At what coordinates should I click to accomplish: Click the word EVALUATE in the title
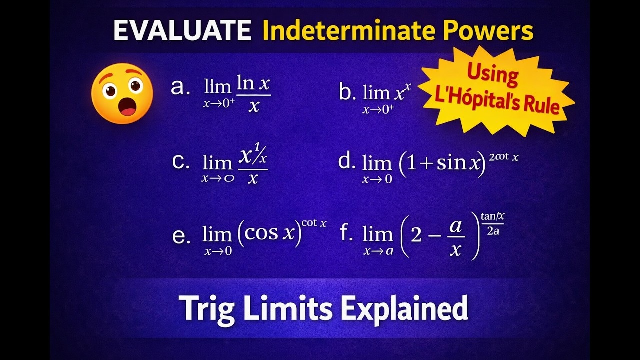[182, 31]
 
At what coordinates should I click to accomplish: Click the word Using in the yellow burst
[492, 75]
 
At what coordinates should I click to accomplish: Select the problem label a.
[180, 87]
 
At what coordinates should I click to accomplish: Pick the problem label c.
[180, 162]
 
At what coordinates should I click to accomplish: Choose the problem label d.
[347, 161]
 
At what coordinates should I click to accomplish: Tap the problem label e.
[181, 236]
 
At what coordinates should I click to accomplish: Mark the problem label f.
[346, 233]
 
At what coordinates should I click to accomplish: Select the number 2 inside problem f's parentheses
[416, 234]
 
